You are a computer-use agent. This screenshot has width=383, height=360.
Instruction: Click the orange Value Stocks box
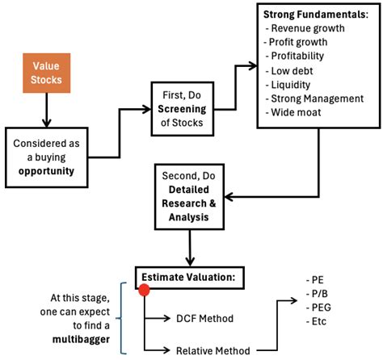47,72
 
